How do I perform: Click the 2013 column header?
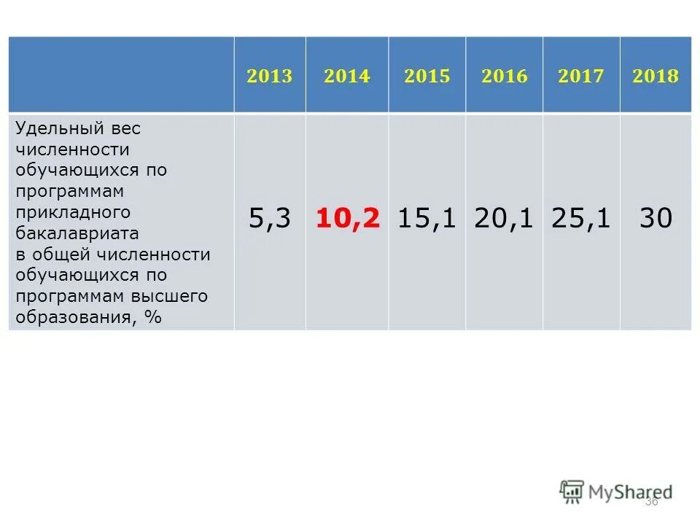269,77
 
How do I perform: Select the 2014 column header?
347,77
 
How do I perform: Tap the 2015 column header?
427,77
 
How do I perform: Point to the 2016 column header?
504,77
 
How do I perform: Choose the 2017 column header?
581,77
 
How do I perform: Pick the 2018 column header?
656,77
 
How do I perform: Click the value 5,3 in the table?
270,219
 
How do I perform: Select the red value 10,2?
348,219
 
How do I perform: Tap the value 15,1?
427,219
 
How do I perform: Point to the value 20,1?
504,219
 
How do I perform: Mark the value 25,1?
581,219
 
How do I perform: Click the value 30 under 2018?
656,219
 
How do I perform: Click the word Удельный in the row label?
50,128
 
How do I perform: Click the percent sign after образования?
152,317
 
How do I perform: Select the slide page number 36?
651,502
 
